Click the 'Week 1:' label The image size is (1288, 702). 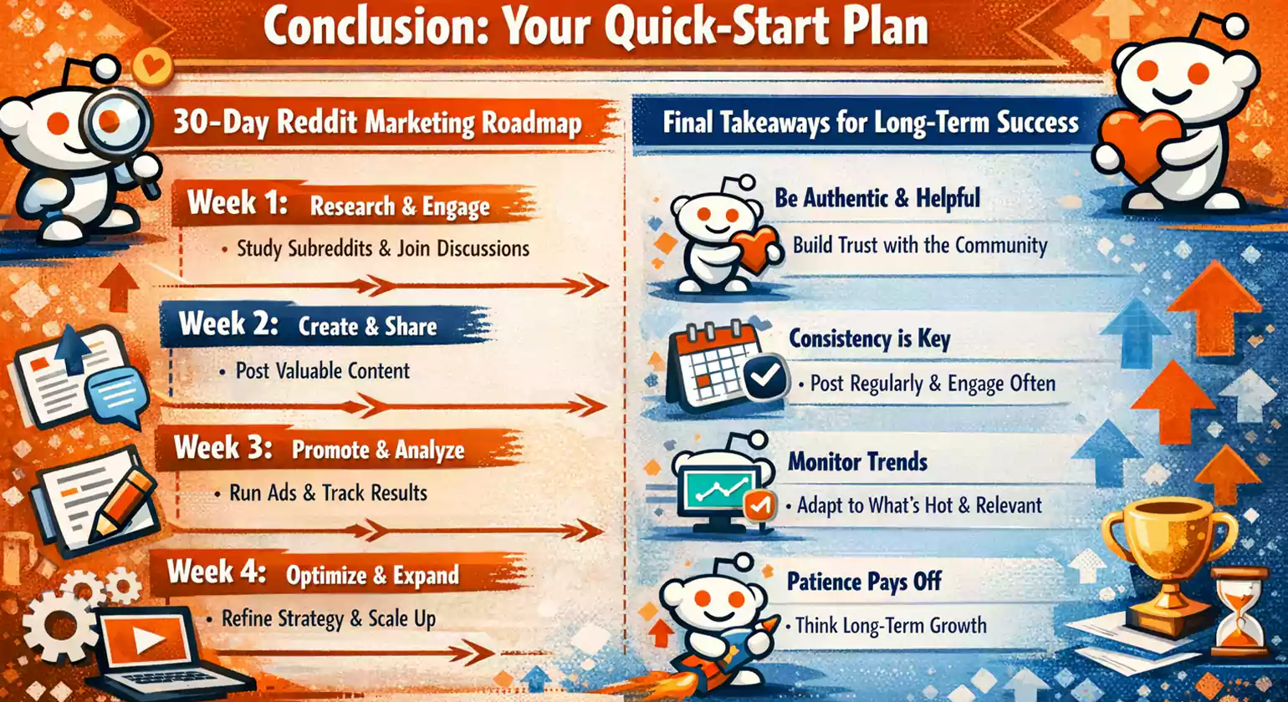point(237,203)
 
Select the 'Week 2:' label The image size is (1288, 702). point(227,324)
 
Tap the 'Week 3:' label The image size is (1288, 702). point(222,449)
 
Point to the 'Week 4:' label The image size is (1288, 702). point(217,573)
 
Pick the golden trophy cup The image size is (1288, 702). point(1168,556)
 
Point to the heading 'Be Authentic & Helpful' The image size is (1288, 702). point(878,199)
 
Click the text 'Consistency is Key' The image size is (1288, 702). point(870,339)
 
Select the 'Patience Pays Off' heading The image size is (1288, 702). point(865,581)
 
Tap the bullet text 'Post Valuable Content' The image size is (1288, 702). point(323,370)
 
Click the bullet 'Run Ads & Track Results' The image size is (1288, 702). point(328,493)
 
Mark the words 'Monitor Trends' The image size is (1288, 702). point(858,461)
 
